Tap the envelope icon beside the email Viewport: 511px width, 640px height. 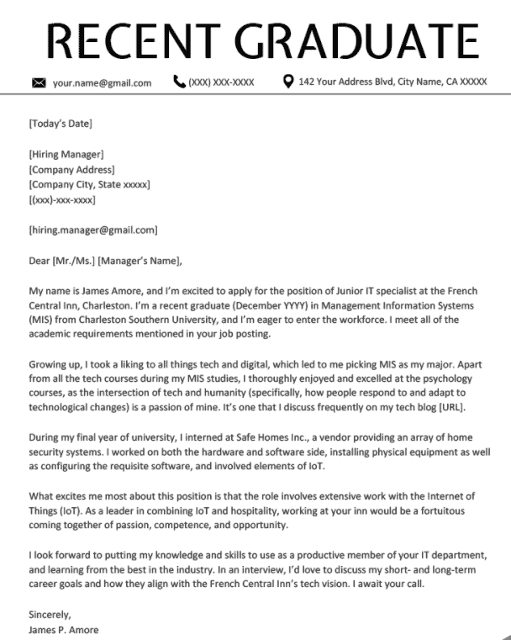click(38, 83)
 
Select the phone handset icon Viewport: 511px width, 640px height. click(178, 82)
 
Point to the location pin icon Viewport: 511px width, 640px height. click(288, 82)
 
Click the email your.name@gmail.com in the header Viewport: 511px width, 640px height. click(102, 83)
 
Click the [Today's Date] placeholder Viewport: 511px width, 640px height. click(61, 124)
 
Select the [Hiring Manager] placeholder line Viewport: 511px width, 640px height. click(66, 154)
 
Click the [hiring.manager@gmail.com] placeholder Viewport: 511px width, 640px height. click(92, 230)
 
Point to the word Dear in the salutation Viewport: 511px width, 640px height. click(39, 260)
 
